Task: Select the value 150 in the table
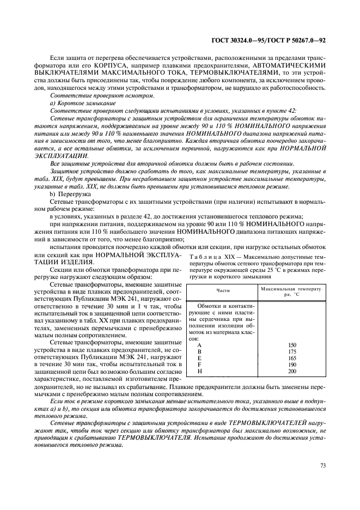pos(292,345)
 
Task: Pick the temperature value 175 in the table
pos(292,351)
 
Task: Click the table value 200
pos(292,371)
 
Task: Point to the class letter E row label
pos(199,358)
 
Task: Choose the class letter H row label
pos(199,371)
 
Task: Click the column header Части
pos(222,290)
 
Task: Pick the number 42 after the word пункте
pos(292,111)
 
